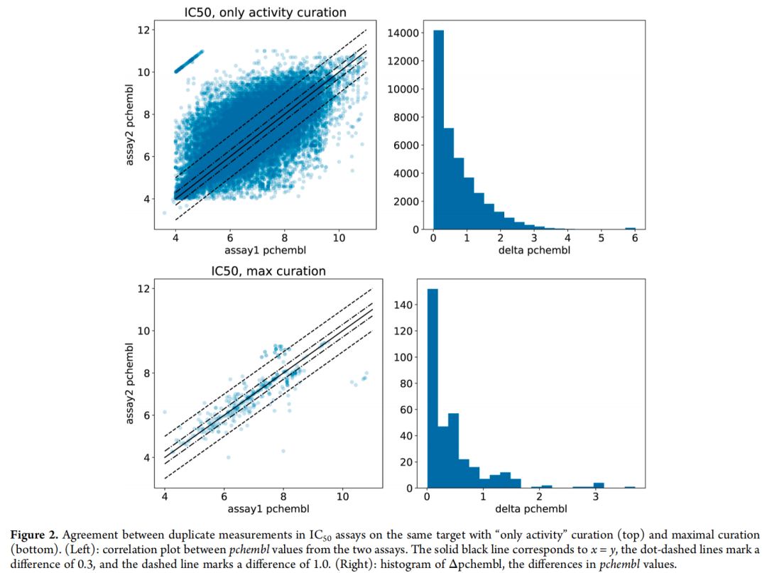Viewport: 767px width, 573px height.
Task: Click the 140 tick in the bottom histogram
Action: click(409, 305)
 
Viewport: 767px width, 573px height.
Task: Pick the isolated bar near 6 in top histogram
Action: click(630, 228)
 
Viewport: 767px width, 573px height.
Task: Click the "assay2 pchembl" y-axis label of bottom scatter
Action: click(131, 383)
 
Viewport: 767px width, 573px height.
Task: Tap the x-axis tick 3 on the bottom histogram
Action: click(597, 496)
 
